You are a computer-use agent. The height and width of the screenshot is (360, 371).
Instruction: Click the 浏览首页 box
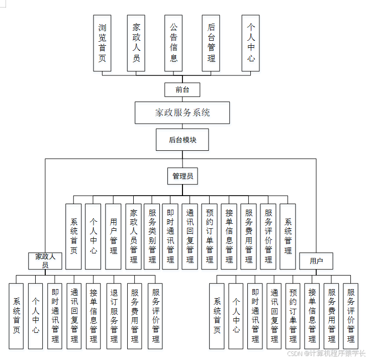click(x=102, y=43)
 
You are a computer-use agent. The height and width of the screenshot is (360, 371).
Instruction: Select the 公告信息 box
click(x=173, y=43)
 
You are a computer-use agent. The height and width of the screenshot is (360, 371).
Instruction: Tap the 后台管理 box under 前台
click(x=211, y=43)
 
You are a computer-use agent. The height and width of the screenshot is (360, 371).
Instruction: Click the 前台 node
click(x=182, y=90)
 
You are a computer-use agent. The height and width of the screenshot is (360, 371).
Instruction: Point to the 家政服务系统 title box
click(x=182, y=113)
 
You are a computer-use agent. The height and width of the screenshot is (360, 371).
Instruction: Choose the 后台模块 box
click(x=182, y=140)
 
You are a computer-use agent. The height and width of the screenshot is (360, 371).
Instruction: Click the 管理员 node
click(x=182, y=176)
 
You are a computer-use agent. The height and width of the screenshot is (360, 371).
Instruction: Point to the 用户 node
click(x=316, y=261)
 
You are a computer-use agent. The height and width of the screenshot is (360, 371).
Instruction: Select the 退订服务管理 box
click(x=114, y=316)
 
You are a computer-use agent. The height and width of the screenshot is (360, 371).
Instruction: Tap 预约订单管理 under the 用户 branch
click(x=293, y=316)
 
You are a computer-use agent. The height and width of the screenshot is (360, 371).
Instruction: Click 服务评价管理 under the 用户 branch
click(x=350, y=316)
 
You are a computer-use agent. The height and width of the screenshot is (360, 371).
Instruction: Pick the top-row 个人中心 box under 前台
click(x=251, y=43)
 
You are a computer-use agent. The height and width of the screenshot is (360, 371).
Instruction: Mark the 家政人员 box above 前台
click(x=136, y=43)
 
